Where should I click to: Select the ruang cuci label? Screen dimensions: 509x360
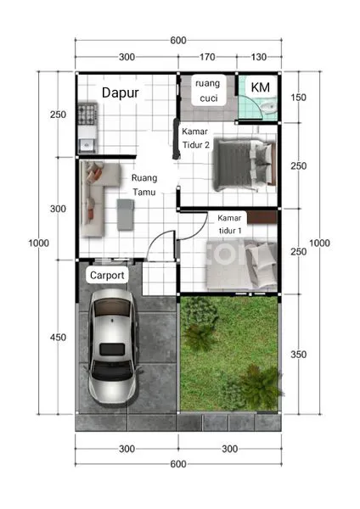[x=207, y=91]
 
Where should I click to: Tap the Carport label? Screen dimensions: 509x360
[x=107, y=276]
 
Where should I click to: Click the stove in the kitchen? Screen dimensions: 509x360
[x=87, y=114]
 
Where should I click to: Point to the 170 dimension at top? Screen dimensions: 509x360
[x=206, y=58]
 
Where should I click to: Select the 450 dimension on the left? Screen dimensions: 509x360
[x=57, y=338]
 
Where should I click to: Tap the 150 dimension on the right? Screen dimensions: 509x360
[x=298, y=98]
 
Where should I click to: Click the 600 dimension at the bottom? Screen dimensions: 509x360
[x=177, y=463]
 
